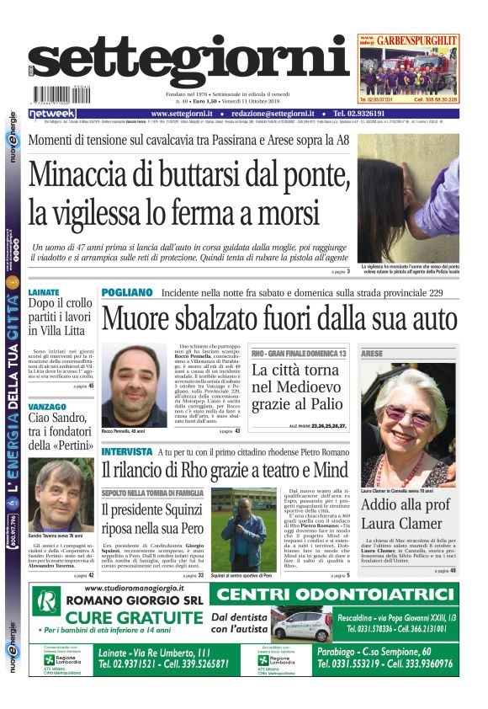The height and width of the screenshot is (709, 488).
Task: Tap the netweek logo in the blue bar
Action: click(x=52, y=114)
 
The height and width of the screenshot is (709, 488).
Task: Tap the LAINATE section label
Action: click(x=44, y=292)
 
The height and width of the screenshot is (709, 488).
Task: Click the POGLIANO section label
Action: click(x=127, y=292)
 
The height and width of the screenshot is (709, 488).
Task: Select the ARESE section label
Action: click(x=372, y=354)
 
